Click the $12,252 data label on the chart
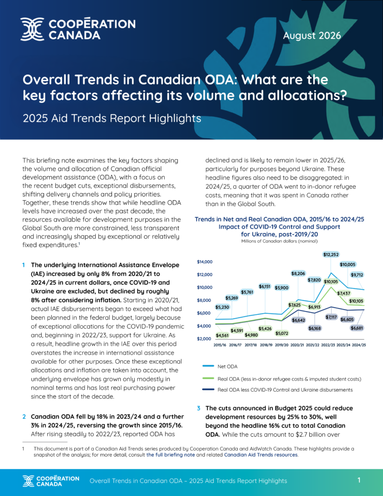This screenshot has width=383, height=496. click(331, 254)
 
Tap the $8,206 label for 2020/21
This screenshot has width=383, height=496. click(298, 274)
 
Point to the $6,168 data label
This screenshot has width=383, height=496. click(315, 328)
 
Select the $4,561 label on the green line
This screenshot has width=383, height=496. click(222, 335)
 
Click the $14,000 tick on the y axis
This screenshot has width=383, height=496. click(205, 262)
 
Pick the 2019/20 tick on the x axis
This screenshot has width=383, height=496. click(281, 345)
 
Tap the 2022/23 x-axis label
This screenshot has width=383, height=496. click(327, 345)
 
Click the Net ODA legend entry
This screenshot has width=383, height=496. click(227, 366)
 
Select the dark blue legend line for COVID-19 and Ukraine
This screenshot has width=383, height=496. click(208, 390)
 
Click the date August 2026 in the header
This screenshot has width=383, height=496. click(312, 35)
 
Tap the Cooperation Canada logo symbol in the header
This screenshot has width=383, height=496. click(32, 29)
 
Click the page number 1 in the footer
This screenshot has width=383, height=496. click(359, 480)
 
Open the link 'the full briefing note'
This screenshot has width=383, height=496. click(170, 455)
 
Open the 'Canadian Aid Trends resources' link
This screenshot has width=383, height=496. click(261, 455)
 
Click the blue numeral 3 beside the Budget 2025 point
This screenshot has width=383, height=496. click(199, 408)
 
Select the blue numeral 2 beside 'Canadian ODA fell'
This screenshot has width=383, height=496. click(24, 416)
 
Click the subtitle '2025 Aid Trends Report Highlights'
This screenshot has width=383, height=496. click(112, 118)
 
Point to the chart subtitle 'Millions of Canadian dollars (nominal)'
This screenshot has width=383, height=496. click(279, 241)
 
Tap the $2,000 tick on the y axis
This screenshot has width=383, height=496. click(204, 339)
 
